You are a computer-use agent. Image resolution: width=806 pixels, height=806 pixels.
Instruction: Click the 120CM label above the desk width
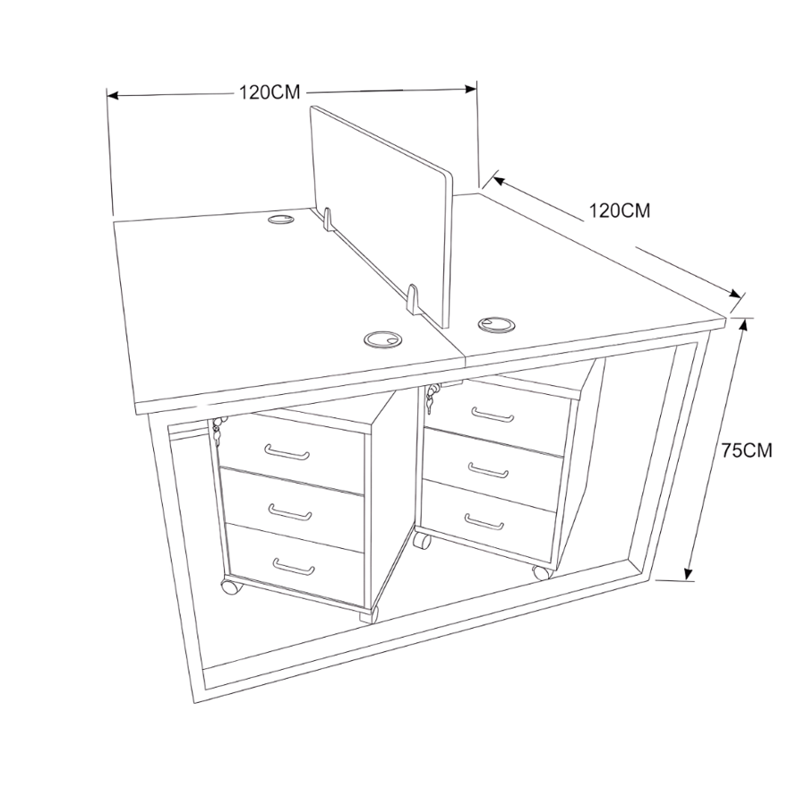[269, 92]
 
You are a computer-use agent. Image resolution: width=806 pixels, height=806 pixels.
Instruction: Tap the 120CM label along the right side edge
[619, 210]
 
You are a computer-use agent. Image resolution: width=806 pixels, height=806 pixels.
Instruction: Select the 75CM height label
[746, 450]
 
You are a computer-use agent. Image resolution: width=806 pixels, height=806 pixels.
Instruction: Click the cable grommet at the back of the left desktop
[280, 219]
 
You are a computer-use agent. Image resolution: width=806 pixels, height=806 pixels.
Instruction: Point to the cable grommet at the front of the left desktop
[382, 339]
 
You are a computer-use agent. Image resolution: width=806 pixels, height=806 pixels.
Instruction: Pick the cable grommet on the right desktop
[496, 325]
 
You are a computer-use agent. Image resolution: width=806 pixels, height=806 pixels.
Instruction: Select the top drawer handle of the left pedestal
[287, 453]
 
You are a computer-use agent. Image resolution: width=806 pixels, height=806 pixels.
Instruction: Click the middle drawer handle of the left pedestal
[290, 512]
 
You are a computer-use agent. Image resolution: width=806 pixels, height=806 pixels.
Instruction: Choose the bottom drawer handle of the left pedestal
[294, 567]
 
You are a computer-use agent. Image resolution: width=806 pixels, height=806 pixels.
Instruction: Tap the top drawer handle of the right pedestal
[493, 415]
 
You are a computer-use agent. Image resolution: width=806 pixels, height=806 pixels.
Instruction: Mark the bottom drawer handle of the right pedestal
[484, 522]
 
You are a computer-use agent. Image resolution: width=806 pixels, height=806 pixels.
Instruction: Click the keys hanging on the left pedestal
[217, 431]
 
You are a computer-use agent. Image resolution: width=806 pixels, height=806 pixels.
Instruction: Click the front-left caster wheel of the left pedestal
[231, 587]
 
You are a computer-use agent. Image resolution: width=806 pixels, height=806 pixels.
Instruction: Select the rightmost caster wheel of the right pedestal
[543, 571]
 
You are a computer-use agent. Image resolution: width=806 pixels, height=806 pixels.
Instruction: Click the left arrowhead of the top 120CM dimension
[113, 96]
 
